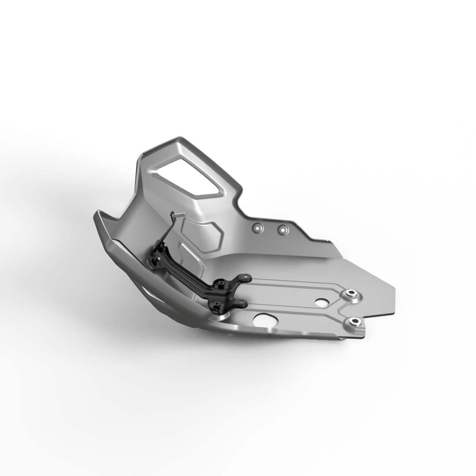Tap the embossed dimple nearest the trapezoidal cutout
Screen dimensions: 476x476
[260, 228]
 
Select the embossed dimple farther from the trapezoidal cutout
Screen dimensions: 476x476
[282, 230]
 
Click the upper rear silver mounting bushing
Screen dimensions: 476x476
[351, 294]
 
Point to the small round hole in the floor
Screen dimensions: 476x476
[322, 303]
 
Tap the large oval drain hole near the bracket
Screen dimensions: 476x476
[266, 320]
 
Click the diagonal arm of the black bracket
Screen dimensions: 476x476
[190, 273]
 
